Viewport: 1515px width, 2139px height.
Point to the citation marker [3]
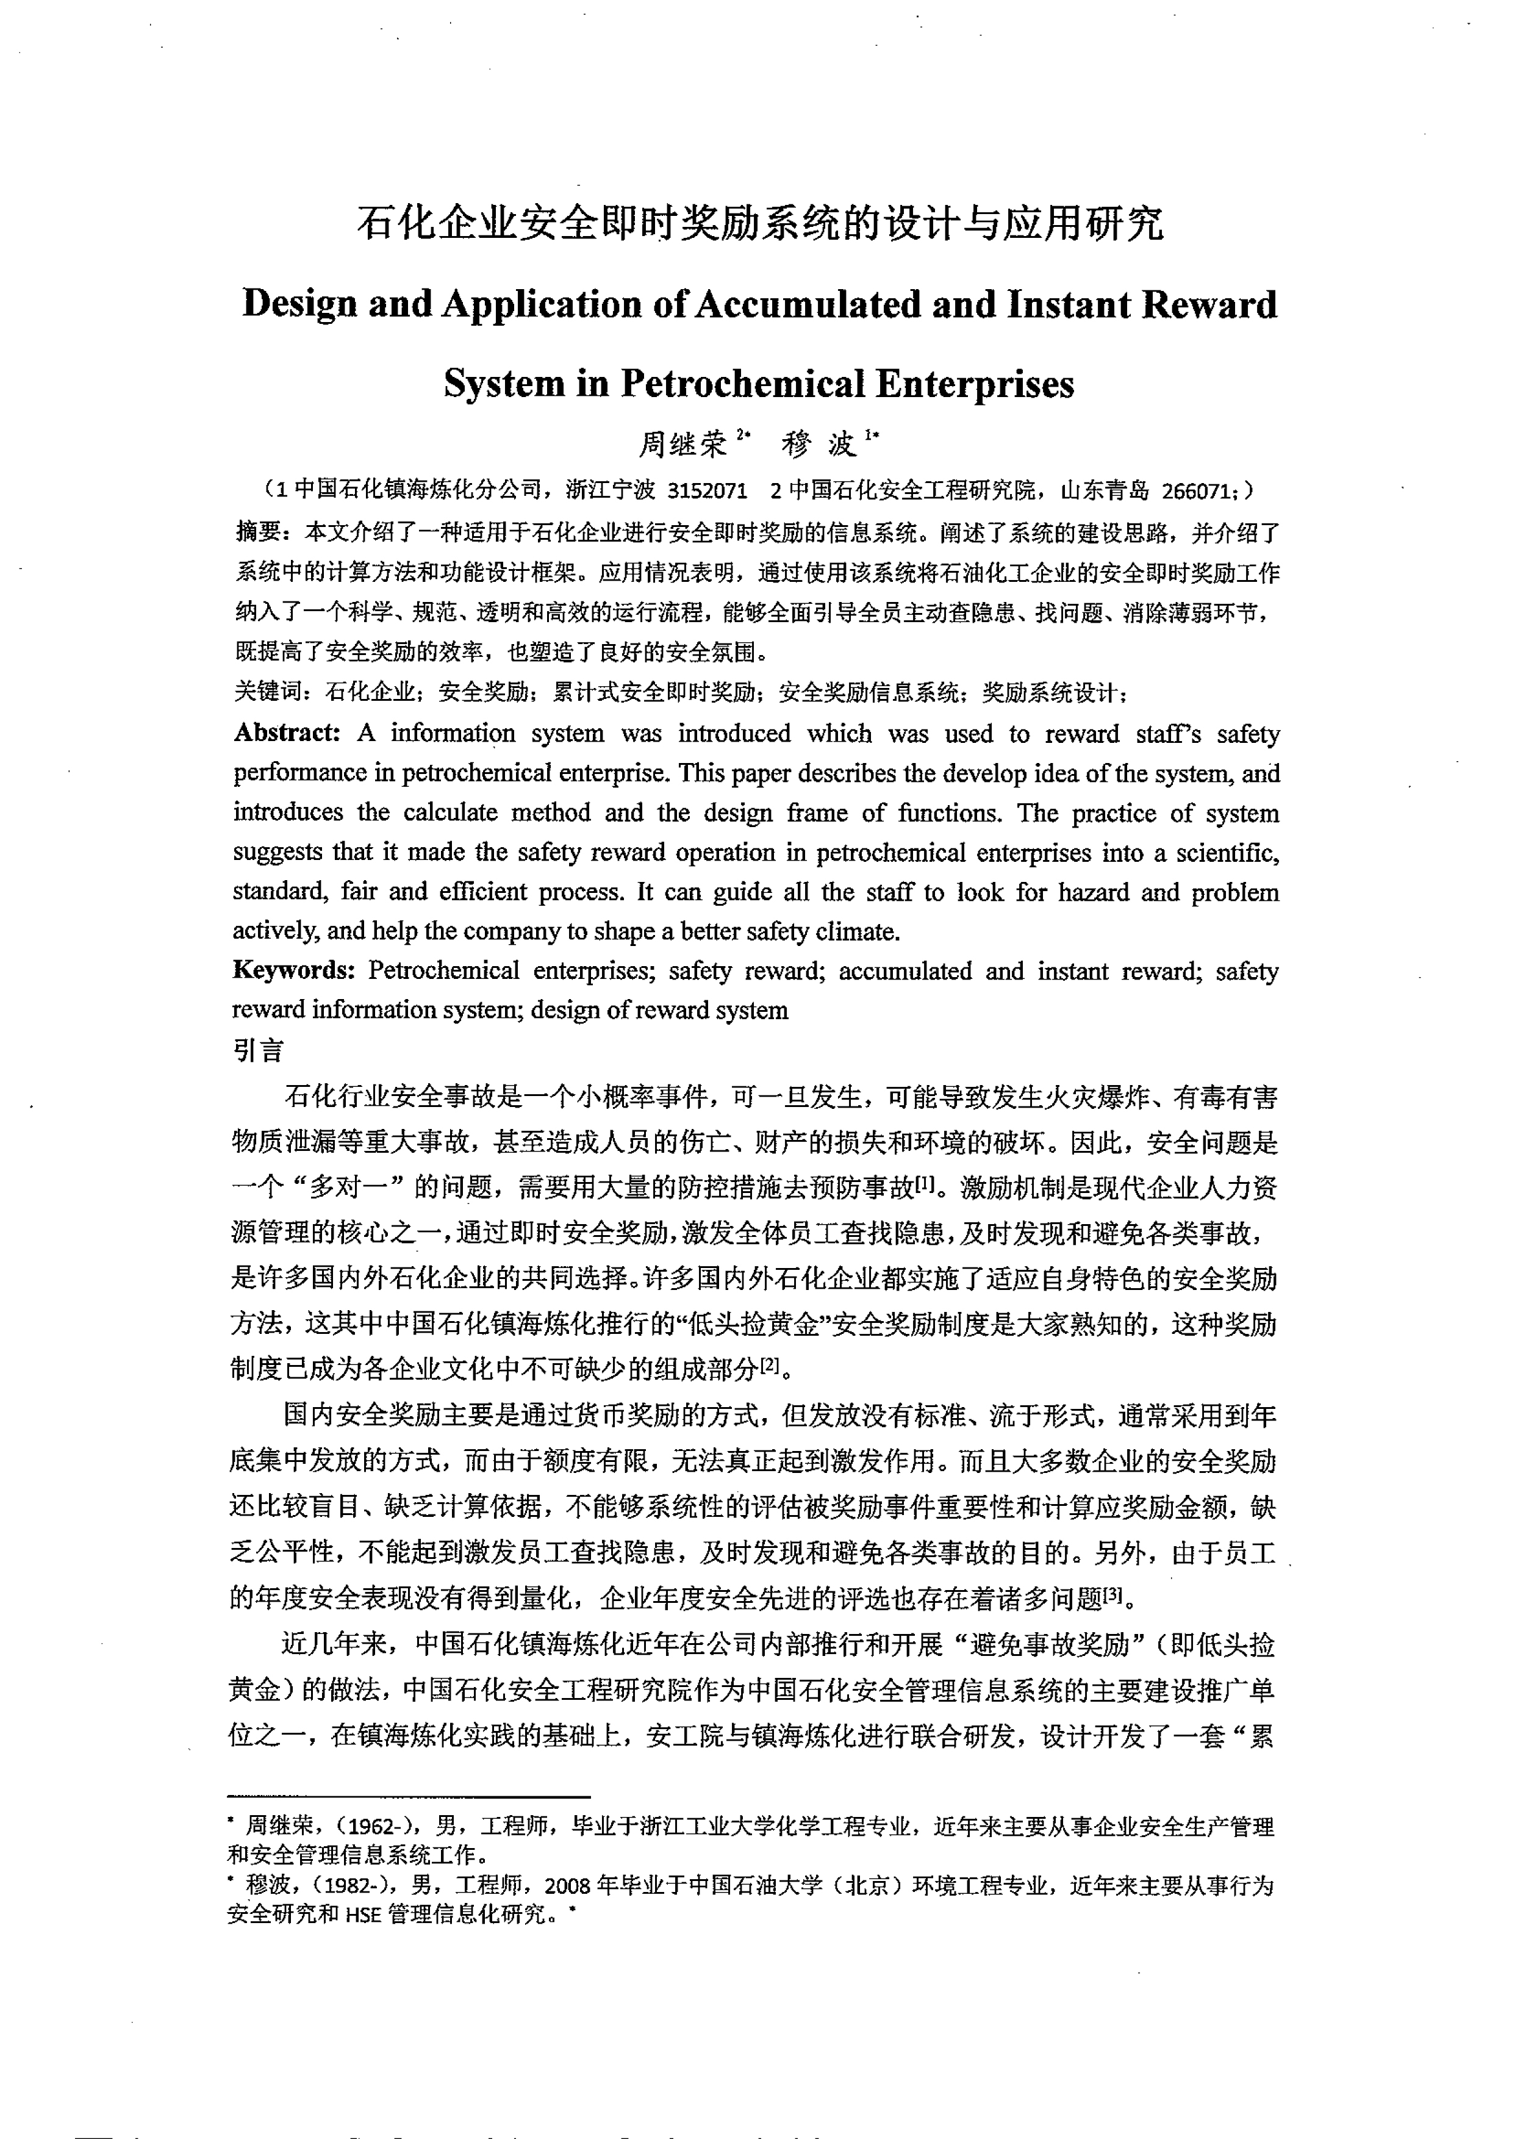point(1112,1596)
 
